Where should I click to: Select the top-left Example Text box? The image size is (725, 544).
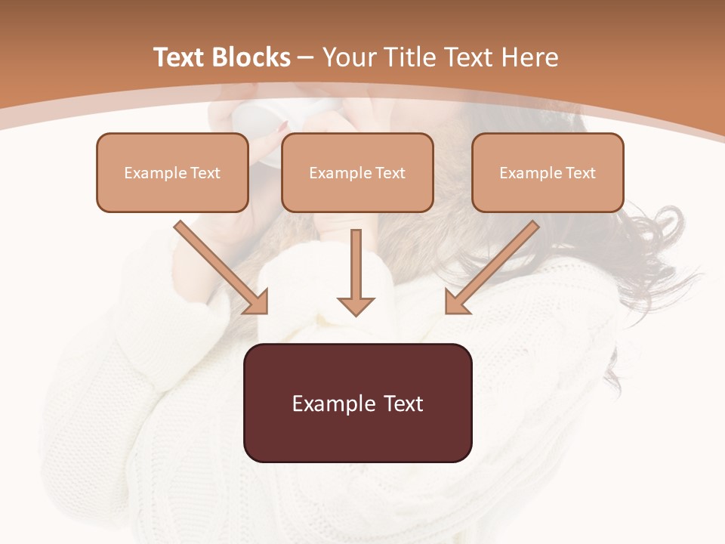(x=172, y=172)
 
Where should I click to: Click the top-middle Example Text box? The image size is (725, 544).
(x=357, y=172)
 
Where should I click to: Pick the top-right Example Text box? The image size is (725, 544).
(x=548, y=172)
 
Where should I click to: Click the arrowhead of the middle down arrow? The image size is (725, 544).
(x=356, y=306)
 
